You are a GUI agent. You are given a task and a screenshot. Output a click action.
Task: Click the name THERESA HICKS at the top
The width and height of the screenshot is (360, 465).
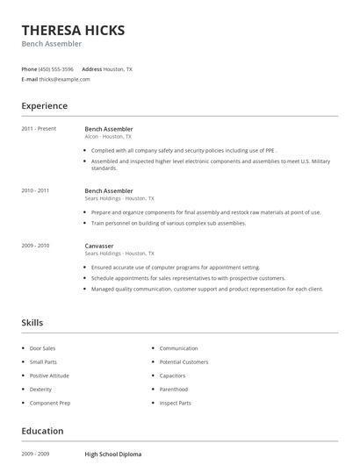pyautogui.click(x=73, y=31)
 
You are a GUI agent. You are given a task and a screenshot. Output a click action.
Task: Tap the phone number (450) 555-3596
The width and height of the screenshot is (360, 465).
pyautogui.click(x=57, y=68)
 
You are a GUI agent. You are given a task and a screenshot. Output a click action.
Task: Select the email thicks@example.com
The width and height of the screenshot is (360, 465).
pyautogui.click(x=64, y=79)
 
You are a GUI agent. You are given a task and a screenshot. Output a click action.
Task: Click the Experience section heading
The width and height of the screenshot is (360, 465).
pyautogui.click(x=44, y=106)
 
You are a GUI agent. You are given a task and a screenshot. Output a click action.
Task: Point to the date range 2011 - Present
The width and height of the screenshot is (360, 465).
pyautogui.click(x=39, y=129)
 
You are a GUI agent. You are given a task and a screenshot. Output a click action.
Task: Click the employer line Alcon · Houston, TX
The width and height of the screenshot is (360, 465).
pyautogui.click(x=108, y=137)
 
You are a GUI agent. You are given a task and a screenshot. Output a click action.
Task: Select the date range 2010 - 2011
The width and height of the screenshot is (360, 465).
pyautogui.click(x=35, y=190)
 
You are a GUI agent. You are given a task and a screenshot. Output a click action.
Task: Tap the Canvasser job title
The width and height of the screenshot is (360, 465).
pyautogui.click(x=98, y=246)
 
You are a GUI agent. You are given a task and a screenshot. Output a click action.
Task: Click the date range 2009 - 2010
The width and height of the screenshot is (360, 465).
pyautogui.click(x=35, y=246)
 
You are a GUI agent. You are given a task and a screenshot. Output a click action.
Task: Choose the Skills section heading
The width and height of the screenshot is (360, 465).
pyautogui.click(x=32, y=323)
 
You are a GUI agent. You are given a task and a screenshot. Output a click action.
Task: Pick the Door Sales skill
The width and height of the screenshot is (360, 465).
pyautogui.click(x=42, y=348)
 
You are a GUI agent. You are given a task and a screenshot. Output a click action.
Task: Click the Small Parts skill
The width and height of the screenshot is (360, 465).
pyautogui.click(x=43, y=361)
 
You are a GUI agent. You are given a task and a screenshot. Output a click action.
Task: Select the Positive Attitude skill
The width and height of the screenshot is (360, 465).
pyautogui.click(x=48, y=376)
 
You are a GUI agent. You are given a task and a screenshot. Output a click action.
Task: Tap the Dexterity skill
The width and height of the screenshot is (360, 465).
pyautogui.click(x=40, y=389)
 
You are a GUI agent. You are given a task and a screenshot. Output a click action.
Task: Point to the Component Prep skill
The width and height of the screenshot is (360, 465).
pyautogui.click(x=49, y=403)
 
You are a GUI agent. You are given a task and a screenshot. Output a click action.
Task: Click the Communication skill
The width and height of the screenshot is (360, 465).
pyautogui.click(x=178, y=348)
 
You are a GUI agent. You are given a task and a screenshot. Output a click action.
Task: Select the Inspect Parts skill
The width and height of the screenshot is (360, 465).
pyautogui.click(x=175, y=403)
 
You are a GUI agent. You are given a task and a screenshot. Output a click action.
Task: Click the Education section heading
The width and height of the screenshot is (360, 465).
pyautogui.click(x=42, y=432)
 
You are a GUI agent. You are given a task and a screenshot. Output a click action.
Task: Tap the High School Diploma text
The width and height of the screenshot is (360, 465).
pyautogui.click(x=113, y=454)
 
